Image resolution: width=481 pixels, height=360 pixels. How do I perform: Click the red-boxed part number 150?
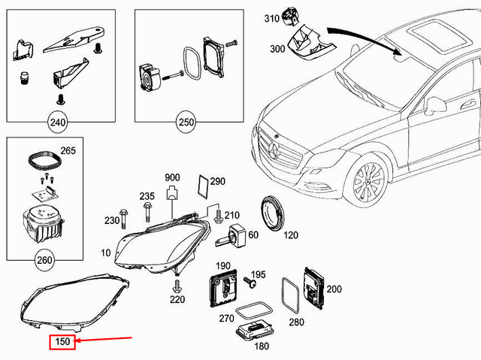click(62, 343)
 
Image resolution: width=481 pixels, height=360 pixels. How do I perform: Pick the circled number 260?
click(44, 262)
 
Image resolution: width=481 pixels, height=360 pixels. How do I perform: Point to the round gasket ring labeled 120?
click(271, 213)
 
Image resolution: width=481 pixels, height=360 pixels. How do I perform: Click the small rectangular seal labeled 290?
click(201, 183)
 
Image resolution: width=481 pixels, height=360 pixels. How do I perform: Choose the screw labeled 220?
click(179, 286)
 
